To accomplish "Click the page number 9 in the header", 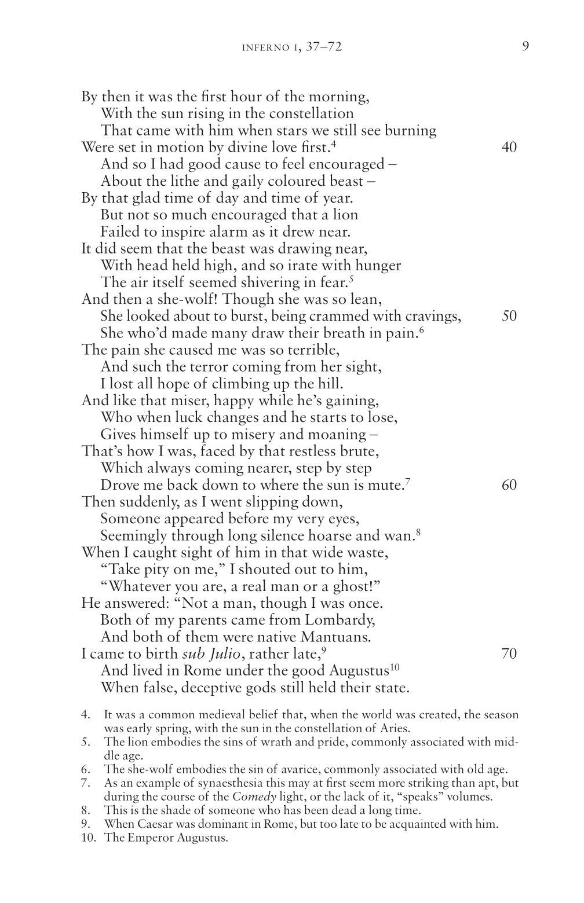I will point(525,46).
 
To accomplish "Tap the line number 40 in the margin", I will point(509,147).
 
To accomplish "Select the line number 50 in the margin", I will point(509,316).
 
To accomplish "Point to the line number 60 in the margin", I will point(509,485).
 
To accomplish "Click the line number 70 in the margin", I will point(509,654).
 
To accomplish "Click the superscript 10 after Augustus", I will point(394,668).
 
